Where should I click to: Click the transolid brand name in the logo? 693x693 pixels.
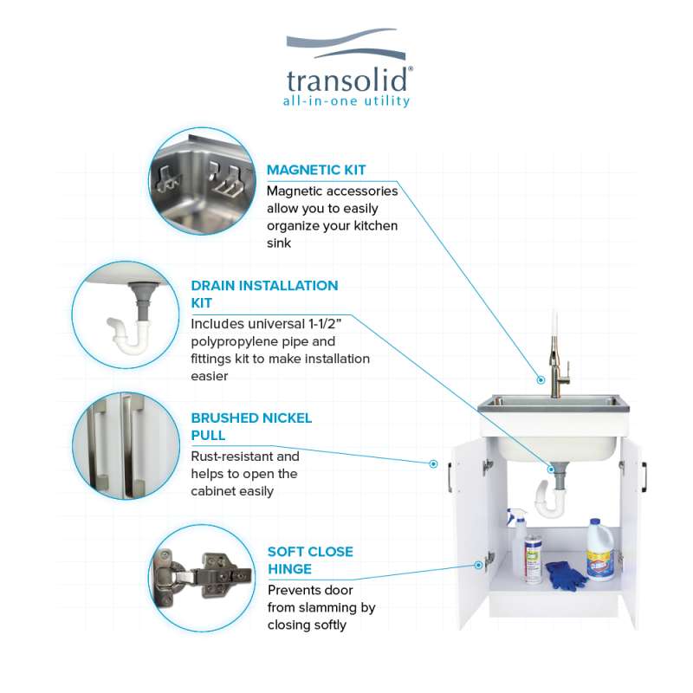pos(347,80)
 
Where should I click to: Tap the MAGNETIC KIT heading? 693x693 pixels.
pos(316,170)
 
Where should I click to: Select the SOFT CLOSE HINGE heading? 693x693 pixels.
pos(310,560)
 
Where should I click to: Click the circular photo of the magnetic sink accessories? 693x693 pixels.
pos(203,181)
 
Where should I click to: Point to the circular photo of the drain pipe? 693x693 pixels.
pos(126,314)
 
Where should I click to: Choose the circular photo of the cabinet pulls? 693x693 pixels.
pos(126,446)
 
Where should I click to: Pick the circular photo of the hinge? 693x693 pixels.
pos(203,578)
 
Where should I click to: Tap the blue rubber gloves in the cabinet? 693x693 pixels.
pos(566,575)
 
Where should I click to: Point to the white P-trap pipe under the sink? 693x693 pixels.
pos(550,501)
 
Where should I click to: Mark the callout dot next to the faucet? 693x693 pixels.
pos(541,379)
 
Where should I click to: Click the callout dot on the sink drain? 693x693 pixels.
pos(551,469)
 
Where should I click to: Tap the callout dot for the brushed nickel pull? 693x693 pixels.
pos(434,463)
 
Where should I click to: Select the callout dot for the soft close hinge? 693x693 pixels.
pos(478,565)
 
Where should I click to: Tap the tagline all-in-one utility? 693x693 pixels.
pos(346,100)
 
